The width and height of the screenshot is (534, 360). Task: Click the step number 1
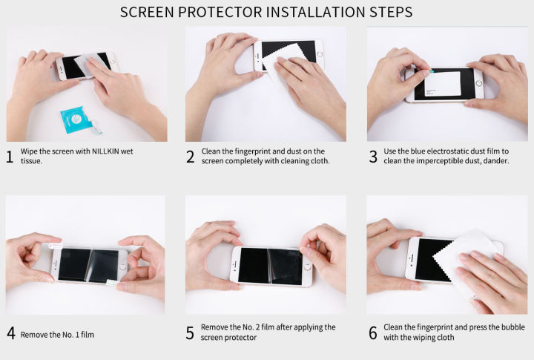click(x=10, y=156)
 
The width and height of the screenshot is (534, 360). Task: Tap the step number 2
click(x=190, y=156)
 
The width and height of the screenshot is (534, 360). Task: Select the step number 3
click(x=372, y=156)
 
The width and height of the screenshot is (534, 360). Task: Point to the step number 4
click(x=10, y=333)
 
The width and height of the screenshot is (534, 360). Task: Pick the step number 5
click(x=191, y=333)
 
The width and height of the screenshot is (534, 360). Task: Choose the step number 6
click(x=372, y=333)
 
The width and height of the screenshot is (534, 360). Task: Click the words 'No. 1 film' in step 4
click(x=76, y=335)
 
